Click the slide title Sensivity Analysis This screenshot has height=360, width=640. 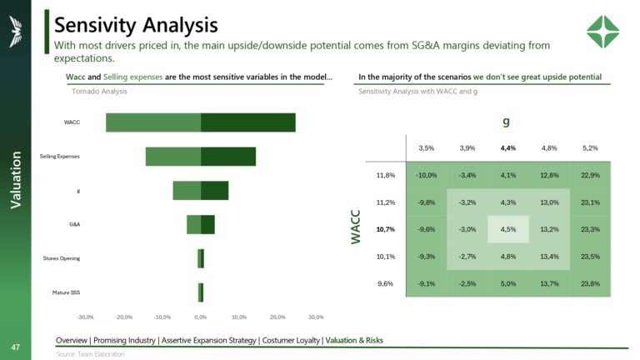coord(136,24)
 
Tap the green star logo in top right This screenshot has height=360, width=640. coord(602,32)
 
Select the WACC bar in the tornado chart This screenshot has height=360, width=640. coord(200,122)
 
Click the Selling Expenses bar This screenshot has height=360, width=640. coord(200,156)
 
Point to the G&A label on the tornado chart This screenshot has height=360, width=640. coord(74,224)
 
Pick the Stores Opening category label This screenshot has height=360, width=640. coord(62,258)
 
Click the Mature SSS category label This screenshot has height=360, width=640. coord(66,292)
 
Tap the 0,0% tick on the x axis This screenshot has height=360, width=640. coord(200,317)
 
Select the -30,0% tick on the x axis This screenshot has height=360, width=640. coord(85,317)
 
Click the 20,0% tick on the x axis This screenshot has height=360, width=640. coord(277,317)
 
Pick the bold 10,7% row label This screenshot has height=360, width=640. coord(385,229)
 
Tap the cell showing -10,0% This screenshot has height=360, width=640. coord(426,175)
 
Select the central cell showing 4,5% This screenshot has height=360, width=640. coord(507,229)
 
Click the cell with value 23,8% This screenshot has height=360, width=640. coord(589,283)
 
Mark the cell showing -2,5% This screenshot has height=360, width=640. coord(467,283)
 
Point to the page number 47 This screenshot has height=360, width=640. coord(15,347)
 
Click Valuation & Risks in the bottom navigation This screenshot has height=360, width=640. coord(354,340)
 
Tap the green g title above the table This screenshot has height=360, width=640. coord(506,122)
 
